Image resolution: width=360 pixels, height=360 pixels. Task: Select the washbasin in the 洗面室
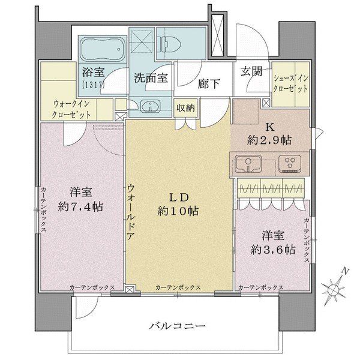click(149, 107)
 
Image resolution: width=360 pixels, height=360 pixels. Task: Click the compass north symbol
click(334, 290)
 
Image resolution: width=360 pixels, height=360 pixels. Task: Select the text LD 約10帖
click(178, 204)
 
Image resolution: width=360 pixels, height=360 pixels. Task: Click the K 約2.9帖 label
click(270, 133)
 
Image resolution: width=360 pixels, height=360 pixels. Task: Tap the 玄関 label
click(252, 71)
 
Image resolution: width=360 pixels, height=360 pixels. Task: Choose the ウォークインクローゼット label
click(73, 107)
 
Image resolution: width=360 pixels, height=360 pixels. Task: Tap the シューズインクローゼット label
click(292, 83)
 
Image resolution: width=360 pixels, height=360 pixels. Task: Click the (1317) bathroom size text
click(94, 85)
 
